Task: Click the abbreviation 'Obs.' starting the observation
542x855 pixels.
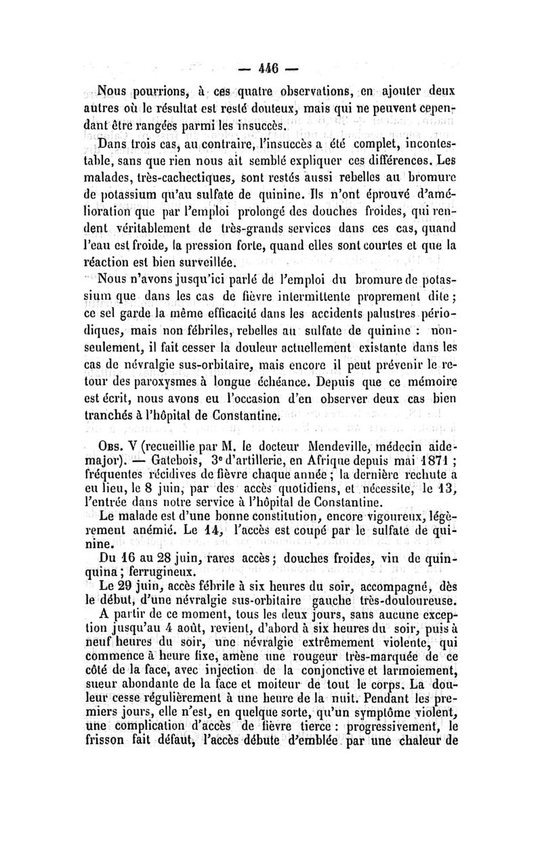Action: click(x=112, y=446)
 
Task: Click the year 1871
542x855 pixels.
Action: click(x=425, y=463)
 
